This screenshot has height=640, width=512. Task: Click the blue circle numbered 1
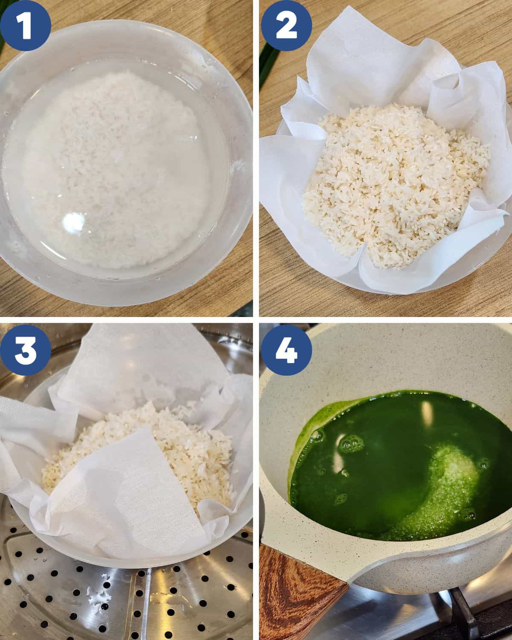coord(25,26)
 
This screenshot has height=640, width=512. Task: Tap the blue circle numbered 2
coord(286,26)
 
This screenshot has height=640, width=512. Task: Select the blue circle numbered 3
coord(25,350)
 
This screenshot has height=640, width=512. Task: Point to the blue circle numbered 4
coord(286,350)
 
